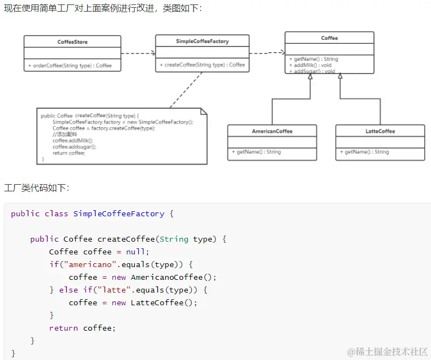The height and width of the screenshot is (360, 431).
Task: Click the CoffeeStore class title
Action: pyautogui.click(x=72, y=42)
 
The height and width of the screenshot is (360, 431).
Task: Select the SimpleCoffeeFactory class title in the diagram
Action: pyautogui.click(x=202, y=41)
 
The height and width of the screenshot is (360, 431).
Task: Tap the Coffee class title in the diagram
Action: pyautogui.click(x=329, y=38)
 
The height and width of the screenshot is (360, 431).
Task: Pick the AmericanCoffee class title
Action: pyautogui.click(x=272, y=131)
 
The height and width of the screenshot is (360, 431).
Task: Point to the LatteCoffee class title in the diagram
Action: pyautogui.click(x=380, y=131)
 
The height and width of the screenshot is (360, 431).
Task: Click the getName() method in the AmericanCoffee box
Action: pyautogui.click(x=259, y=152)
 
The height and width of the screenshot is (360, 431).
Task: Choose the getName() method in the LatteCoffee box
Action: pyautogui.click(x=367, y=152)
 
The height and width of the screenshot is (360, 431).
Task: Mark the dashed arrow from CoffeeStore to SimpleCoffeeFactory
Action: pyautogui.click(x=138, y=54)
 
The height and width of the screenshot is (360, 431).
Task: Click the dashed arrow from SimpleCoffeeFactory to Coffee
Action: pyautogui.click(x=267, y=53)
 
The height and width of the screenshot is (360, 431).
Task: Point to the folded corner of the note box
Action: pyautogui.click(x=203, y=111)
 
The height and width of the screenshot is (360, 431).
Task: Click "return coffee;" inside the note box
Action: pyautogui.click(x=69, y=153)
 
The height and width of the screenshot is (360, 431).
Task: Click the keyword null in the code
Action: pyautogui.click(x=138, y=252)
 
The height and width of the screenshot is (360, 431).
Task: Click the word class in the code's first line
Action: pyautogui.click(x=56, y=213)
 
